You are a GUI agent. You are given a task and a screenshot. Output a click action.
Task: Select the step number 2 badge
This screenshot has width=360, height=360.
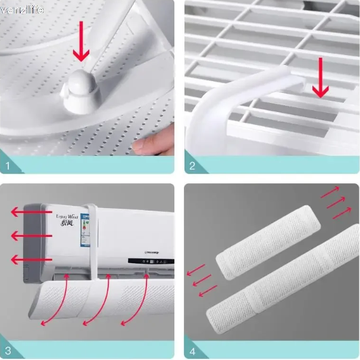192,166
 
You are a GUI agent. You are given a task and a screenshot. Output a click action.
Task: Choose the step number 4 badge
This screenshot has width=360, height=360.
192,350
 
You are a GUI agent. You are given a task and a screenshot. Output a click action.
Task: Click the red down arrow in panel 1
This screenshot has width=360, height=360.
80,47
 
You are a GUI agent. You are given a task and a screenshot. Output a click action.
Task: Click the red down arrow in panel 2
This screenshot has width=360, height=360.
321,77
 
